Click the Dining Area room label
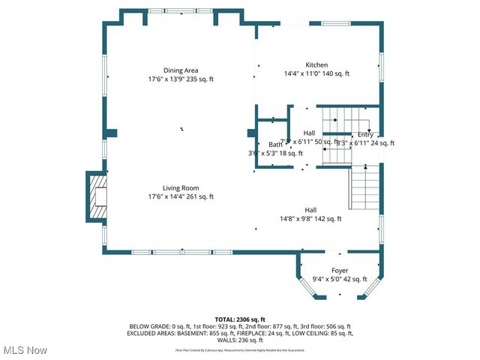tap(180, 70)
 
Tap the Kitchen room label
tap(316, 64)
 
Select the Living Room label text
tap(180, 187)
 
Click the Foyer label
tap(340, 270)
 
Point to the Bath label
tap(274, 144)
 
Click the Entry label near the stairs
tap(365, 134)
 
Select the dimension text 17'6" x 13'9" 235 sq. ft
tap(180, 79)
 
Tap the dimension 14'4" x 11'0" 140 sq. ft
tap(316, 73)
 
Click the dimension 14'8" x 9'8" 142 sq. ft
tap(310, 219)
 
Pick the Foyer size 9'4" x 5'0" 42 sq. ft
tap(340, 279)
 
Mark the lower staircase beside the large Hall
tap(366, 187)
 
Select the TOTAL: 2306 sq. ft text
tap(240, 319)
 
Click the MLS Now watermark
tap(25, 350)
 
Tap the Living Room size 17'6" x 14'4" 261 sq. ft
tap(180, 196)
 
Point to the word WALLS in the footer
tap(222, 339)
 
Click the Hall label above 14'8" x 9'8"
tap(310, 210)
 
